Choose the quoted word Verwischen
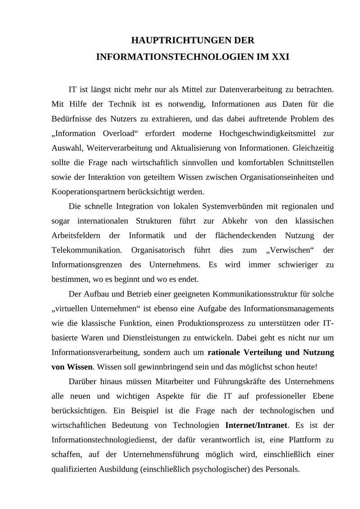coord(279,250)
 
